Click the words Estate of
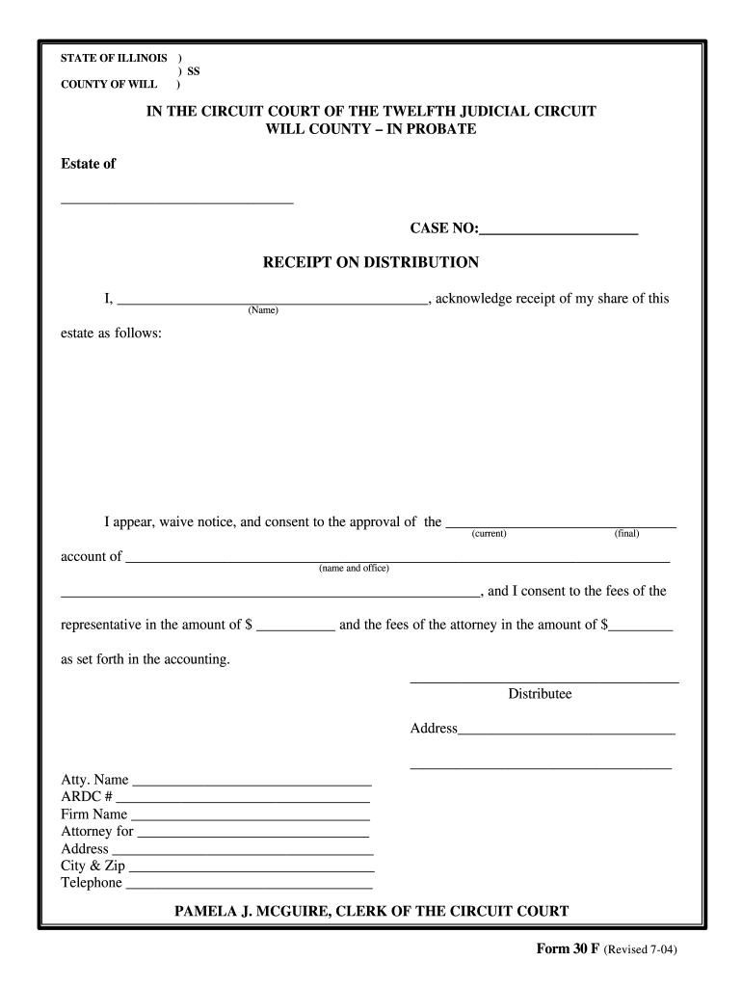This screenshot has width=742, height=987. (88, 164)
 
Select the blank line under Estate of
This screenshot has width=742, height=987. (176, 201)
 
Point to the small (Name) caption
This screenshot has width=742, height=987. (263, 310)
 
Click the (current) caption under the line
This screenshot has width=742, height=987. (490, 534)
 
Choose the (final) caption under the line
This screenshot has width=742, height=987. (626, 534)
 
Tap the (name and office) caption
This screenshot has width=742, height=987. (354, 568)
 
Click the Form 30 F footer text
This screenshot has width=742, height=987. (569, 949)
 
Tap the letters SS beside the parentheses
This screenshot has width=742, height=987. (194, 71)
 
